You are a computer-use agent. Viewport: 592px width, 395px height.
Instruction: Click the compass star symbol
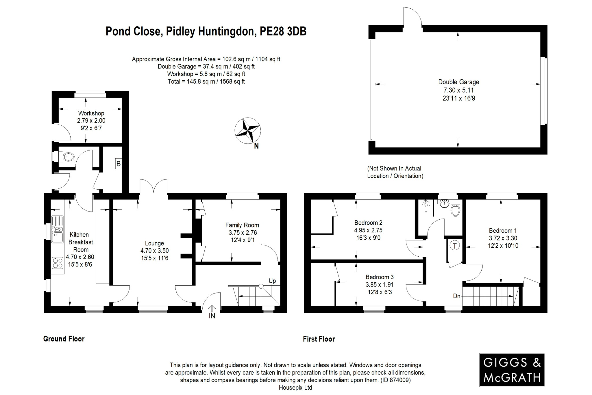(x=248, y=131)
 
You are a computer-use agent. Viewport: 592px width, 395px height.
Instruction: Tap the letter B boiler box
(x=118, y=164)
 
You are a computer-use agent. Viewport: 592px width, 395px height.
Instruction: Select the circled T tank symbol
(x=455, y=246)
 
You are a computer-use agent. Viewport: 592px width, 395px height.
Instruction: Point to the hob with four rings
(x=57, y=263)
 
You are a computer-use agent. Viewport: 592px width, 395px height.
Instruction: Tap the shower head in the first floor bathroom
(x=425, y=204)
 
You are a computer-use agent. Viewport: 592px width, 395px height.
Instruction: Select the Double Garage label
(x=458, y=82)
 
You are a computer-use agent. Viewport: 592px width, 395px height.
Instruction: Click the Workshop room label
(x=91, y=113)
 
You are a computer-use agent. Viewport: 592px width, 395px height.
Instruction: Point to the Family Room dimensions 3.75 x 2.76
(x=243, y=232)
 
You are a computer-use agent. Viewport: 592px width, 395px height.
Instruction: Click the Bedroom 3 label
(x=379, y=277)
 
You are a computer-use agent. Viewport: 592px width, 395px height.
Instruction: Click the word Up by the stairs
(x=272, y=281)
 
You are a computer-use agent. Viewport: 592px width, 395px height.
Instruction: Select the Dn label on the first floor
(x=456, y=296)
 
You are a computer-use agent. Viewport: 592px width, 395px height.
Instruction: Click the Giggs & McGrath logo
(x=512, y=370)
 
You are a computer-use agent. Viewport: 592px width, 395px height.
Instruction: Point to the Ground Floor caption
(x=64, y=339)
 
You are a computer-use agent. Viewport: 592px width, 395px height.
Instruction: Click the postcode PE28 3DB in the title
(x=283, y=31)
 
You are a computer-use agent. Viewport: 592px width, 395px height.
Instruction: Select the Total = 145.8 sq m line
(x=206, y=82)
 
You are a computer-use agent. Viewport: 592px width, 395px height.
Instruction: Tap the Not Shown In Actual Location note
(x=395, y=172)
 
